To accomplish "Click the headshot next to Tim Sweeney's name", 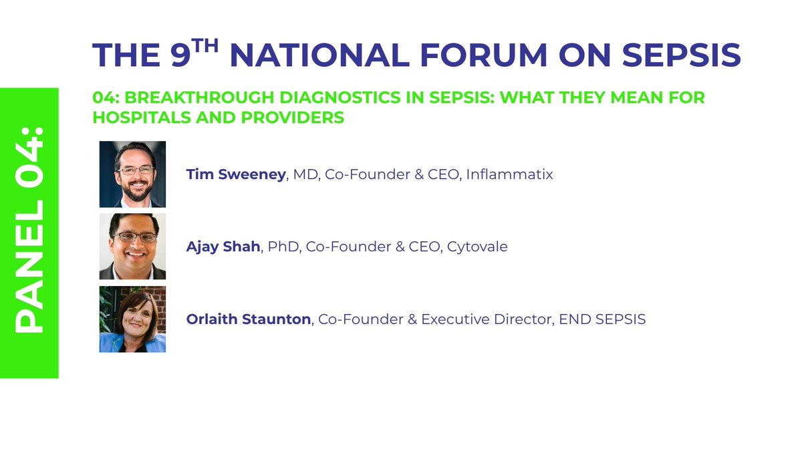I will tap(132, 174).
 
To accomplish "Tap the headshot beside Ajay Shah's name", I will tap(132, 246).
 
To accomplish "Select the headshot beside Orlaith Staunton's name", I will tap(132, 319).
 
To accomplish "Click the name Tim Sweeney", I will tap(235, 174).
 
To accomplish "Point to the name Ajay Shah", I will tap(223, 247).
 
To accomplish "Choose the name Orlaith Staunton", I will tap(249, 319).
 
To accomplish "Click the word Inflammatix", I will tap(509, 174).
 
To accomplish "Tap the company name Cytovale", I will tap(477, 247).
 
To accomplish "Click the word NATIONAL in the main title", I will tap(318, 55).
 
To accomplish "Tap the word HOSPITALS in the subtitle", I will tap(139, 118).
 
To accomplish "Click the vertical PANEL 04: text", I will tap(29, 231).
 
